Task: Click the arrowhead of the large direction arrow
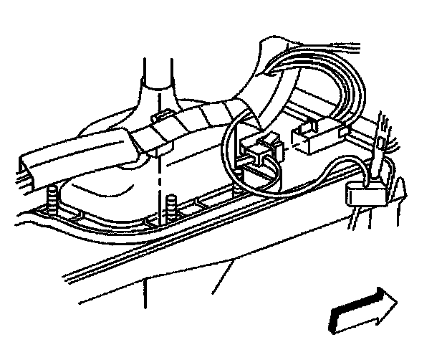point(386,300)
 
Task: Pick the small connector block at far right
point(364,192)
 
